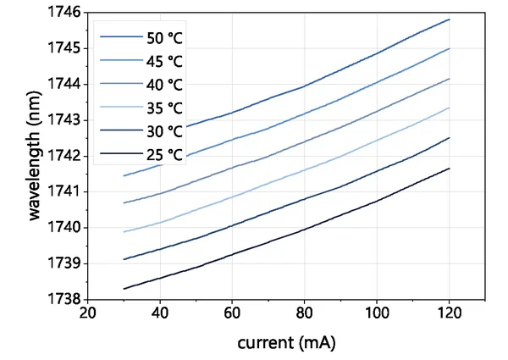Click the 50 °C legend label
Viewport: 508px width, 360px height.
(164, 38)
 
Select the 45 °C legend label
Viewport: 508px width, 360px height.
(164, 62)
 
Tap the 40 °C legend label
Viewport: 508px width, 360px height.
(164, 85)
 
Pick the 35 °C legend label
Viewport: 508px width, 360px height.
(164, 108)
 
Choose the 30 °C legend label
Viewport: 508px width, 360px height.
(164, 131)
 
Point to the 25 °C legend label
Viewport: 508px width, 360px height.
(164, 155)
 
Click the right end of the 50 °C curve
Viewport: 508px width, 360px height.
(449, 19)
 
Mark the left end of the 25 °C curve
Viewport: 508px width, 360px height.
(124, 289)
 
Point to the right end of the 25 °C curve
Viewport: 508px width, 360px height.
(449, 168)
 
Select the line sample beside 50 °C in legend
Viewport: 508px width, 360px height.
(118, 38)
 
